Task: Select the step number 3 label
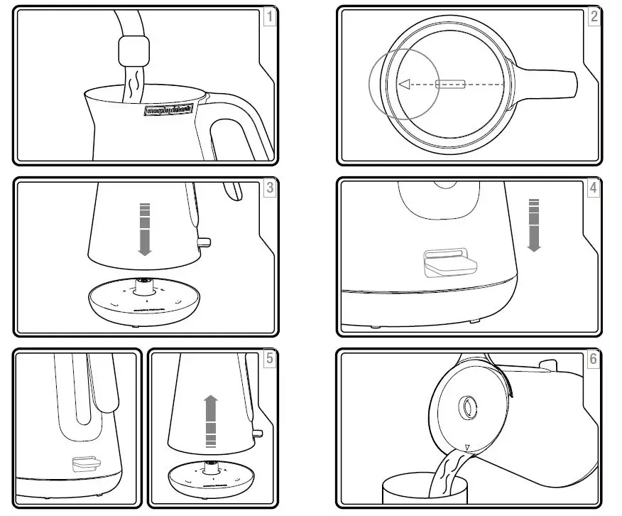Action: pos(269,188)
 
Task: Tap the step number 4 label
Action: pos(594,188)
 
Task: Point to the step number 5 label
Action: pos(269,359)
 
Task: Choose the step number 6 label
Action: pos(594,359)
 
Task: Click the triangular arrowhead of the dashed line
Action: pos(404,85)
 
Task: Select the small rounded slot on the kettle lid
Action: pos(450,85)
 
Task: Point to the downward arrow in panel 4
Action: pos(534,225)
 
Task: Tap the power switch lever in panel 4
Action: pos(449,262)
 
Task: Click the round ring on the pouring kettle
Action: pos(469,407)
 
